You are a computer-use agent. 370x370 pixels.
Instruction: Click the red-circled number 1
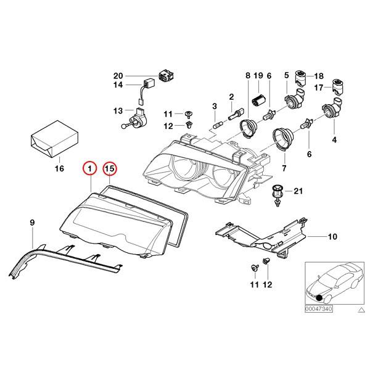click(x=90, y=168)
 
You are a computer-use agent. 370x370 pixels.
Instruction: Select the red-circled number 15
click(x=110, y=168)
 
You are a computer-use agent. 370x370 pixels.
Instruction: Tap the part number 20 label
click(x=118, y=76)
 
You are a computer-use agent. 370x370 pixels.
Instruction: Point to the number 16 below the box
click(x=59, y=168)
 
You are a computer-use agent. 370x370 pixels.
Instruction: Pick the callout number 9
click(x=33, y=221)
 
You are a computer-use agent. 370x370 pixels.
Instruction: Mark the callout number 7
click(x=284, y=168)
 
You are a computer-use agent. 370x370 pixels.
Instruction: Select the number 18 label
click(x=319, y=75)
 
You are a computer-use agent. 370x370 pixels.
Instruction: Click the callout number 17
click(x=319, y=88)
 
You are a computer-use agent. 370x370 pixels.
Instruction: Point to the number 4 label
click(x=335, y=140)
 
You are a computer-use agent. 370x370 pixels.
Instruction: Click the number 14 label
click(x=118, y=85)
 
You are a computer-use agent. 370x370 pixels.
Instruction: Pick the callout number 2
click(x=231, y=97)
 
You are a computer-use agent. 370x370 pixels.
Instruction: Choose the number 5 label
click(x=286, y=75)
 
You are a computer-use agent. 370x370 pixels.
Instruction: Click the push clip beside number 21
click(x=277, y=194)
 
